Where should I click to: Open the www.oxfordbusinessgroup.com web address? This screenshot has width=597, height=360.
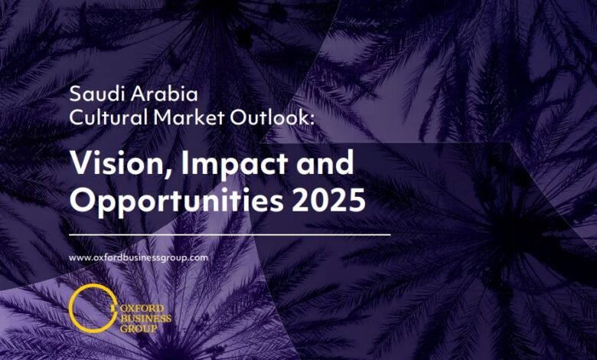(139, 257)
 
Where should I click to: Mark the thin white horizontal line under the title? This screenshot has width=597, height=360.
(230, 233)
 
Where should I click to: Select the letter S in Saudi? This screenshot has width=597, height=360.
(74, 95)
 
